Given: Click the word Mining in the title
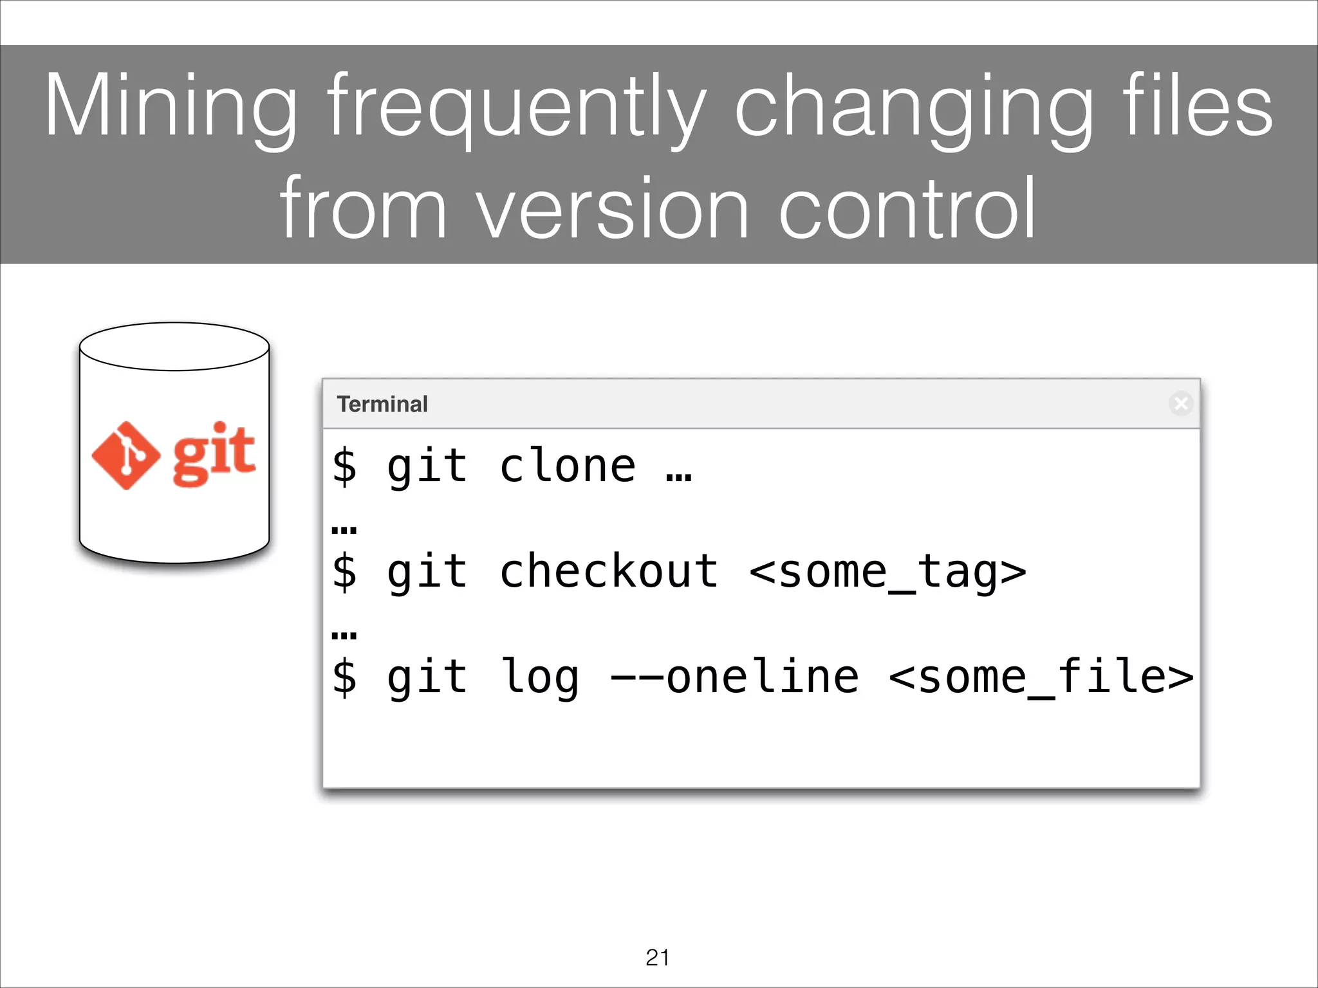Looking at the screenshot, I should (171, 106).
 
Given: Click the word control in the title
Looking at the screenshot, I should (907, 209).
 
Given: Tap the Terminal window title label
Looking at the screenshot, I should (382, 404).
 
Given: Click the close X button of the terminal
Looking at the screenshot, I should (1181, 403).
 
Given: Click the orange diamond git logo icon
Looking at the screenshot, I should (126, 455).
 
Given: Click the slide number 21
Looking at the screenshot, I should (658, 958).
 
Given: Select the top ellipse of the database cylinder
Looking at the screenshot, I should (174, 347).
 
